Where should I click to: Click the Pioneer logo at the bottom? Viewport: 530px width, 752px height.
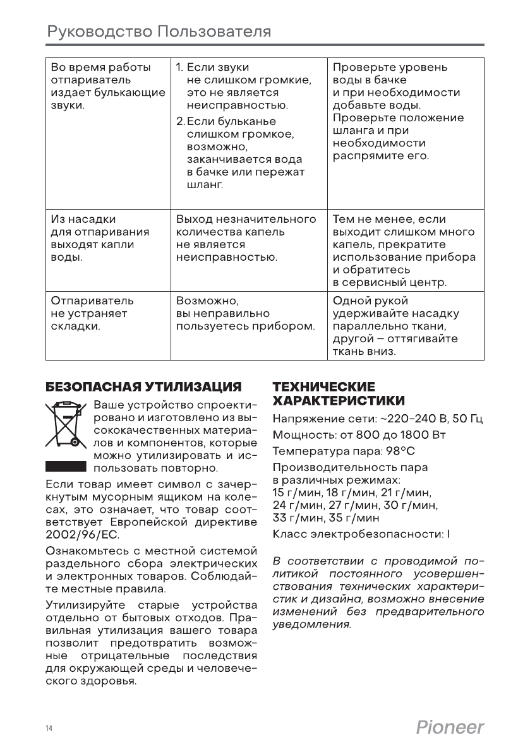point(450,727)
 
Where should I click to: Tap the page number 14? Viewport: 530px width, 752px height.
point(49,729)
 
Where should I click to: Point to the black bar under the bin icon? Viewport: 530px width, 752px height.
point(65,466)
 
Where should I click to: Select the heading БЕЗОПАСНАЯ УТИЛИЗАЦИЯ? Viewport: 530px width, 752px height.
point(144,386)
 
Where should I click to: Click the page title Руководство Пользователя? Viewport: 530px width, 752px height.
point(159,32)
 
